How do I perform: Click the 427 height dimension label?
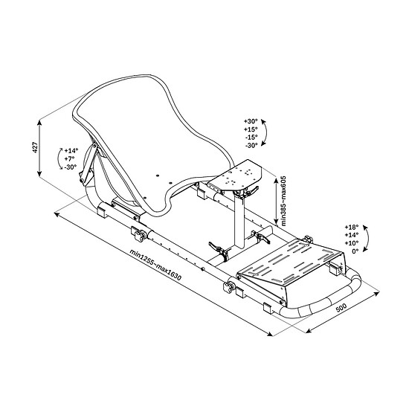36,147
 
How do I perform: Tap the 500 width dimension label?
341,308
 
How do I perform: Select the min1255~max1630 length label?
155,265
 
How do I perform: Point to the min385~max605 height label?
283,201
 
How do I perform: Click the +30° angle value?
251,121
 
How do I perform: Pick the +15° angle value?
251,129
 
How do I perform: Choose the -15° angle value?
251,138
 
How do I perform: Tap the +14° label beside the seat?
71,150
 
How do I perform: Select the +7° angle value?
69,158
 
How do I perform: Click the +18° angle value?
352,226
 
